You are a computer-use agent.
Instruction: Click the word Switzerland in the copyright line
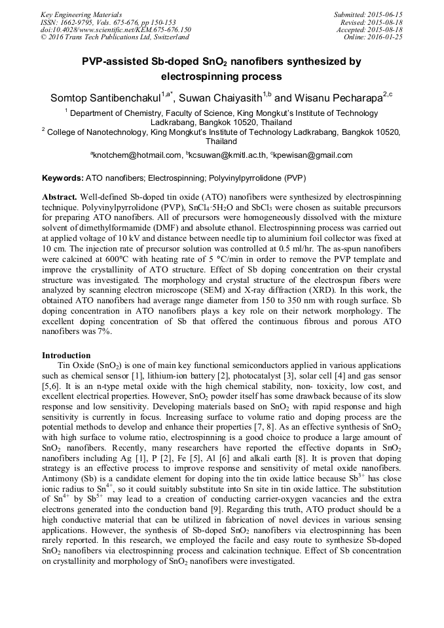click(x=168, y=37)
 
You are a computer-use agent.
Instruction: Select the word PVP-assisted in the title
click(x=112, y=62)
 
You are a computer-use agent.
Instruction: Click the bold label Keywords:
click(x=63, y=178)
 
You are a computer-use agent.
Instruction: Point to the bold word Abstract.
click(x=60, y=197)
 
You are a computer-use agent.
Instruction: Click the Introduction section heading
click(x=66, y=355)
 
